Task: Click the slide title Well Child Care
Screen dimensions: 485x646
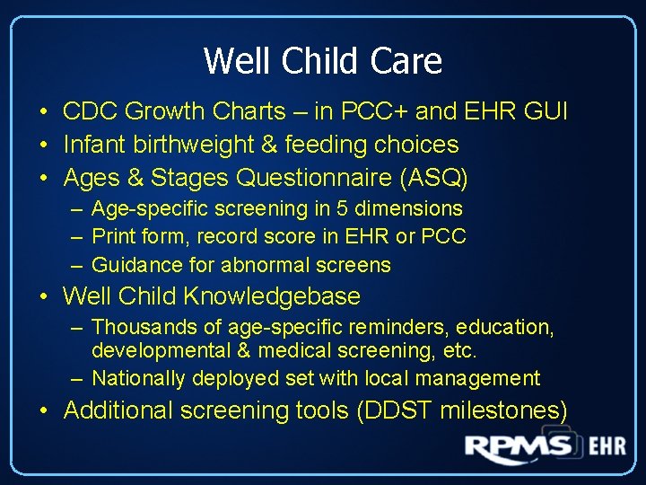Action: (323, 61)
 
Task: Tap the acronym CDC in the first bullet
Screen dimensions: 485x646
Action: (91, 111)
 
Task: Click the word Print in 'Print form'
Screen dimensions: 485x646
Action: (113, 237)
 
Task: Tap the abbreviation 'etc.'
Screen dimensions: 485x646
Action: (460, 350)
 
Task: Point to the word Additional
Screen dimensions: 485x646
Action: (118, 410)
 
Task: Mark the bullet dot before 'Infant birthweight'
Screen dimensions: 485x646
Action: (42, 145)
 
